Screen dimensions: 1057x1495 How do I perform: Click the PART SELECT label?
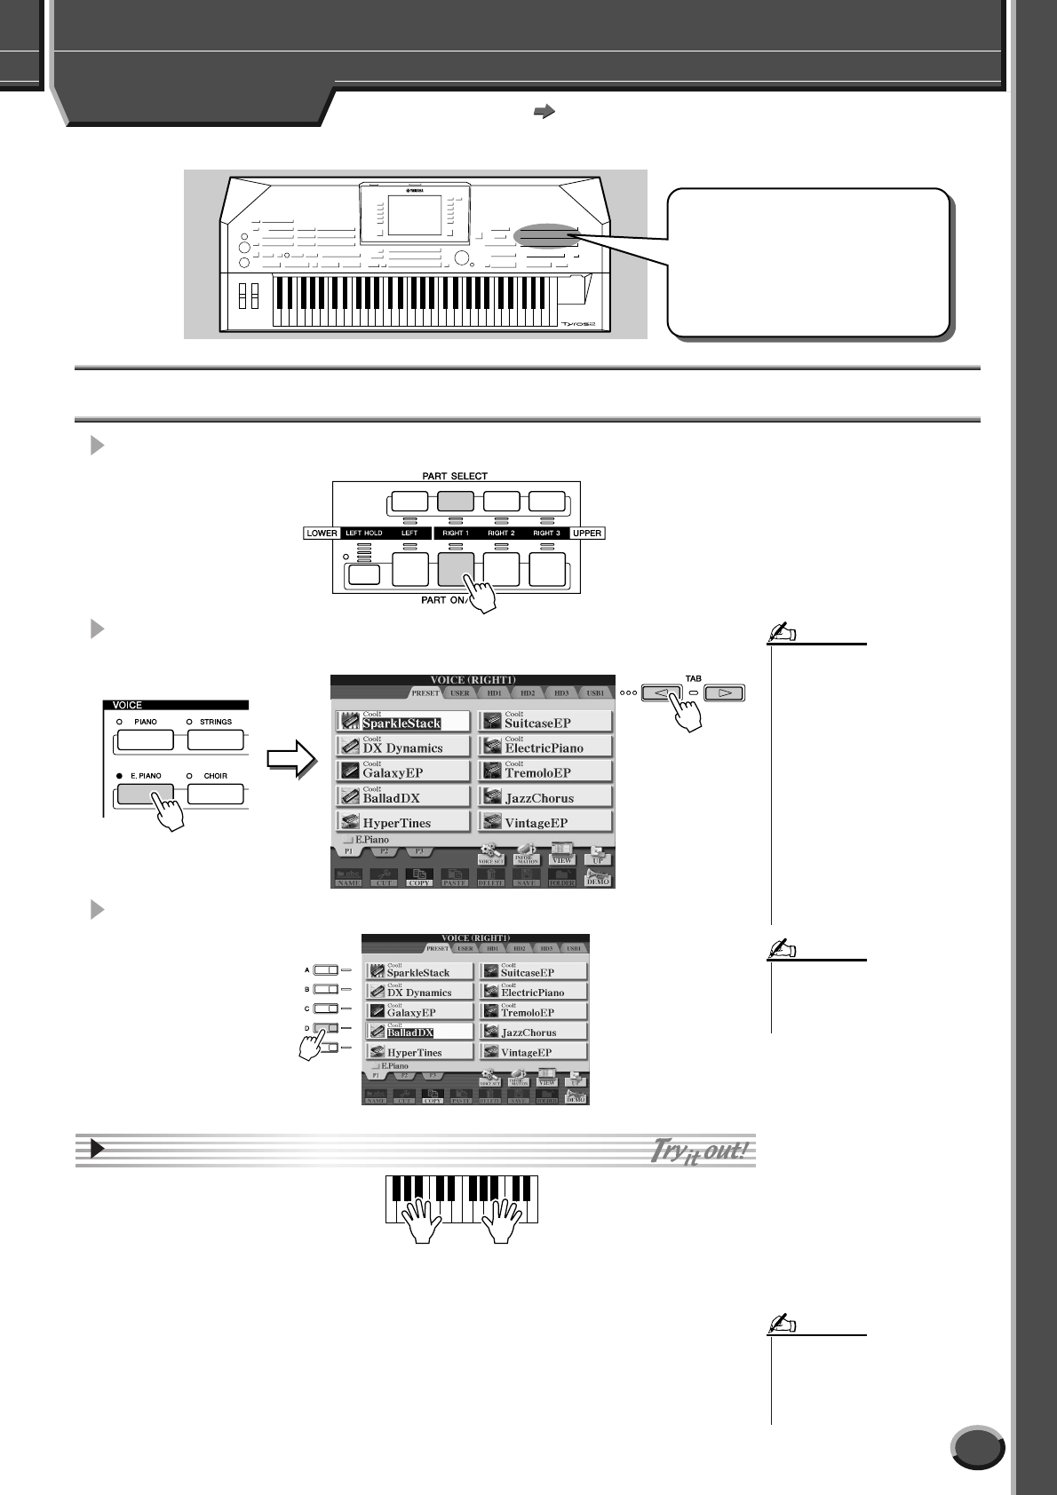coord(456,476)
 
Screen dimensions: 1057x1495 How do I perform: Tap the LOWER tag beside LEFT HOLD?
coord(322,534)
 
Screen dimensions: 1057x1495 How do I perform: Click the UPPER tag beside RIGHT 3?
coord(587,534)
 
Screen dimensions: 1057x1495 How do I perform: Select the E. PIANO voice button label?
coord(146,776)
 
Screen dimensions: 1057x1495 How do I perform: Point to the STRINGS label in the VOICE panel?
coord(215,722)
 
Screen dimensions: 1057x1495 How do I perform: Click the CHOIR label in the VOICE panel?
coord(215,776)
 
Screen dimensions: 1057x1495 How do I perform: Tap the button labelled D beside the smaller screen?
coord(326,1028)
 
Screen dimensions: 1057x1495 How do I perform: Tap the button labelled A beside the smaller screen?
coord(326,970)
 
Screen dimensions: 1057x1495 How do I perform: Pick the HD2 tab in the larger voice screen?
coord(527,692)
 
